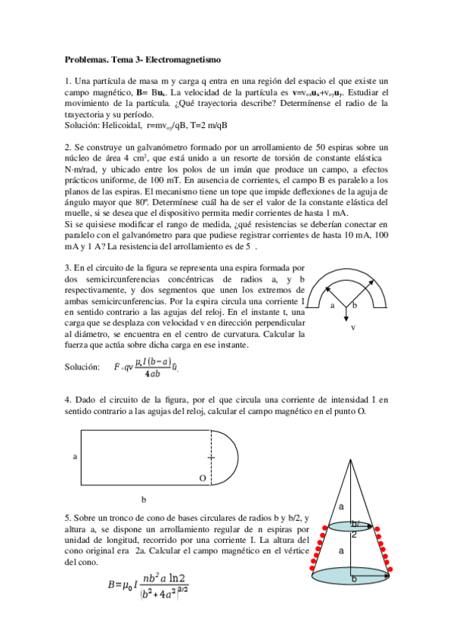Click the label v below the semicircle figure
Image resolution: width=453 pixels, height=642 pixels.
pos(353,328)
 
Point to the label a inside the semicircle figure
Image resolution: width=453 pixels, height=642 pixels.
pos(332,306)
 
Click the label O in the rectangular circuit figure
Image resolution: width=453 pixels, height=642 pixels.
pos(202,478)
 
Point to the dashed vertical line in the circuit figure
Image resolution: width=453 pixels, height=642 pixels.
pos(209,457)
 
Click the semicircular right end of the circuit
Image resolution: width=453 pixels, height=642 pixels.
pos(230,457)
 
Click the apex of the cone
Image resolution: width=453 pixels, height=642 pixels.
pos(352,460)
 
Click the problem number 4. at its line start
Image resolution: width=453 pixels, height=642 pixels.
pos(68,398)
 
